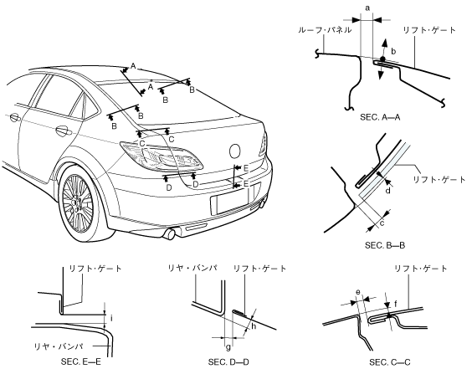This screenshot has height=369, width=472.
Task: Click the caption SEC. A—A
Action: (x=380, y=117)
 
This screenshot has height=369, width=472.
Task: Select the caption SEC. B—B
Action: (x=385, y=245)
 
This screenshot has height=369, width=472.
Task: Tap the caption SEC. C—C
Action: (x=390, y=362)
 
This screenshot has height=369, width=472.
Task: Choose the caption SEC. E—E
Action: (x=80, y=361)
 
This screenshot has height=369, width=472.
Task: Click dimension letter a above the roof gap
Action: (x=367, y=8)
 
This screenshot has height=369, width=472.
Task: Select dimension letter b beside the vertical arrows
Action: (x=393, y=52)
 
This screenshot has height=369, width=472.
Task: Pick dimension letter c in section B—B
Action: (x=382, y=223)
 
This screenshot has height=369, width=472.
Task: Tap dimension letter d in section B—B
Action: (x=388, y=190)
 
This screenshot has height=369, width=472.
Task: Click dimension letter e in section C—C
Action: (x=358, y=292)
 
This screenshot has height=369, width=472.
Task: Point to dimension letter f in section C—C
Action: (x=396, y=305)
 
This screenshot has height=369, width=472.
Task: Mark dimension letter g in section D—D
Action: (x=228, y=347)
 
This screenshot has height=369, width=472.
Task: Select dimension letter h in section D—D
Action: (x=254, y=325)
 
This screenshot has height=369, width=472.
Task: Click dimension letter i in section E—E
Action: (x=111, y=318)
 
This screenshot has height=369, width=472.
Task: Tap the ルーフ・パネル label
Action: (x=325, y=30)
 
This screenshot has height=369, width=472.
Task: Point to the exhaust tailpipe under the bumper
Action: (x=170, y=233)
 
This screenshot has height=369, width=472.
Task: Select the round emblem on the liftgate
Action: (x=235, y=151)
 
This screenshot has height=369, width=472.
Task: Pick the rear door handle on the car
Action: (x=64, y=131)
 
